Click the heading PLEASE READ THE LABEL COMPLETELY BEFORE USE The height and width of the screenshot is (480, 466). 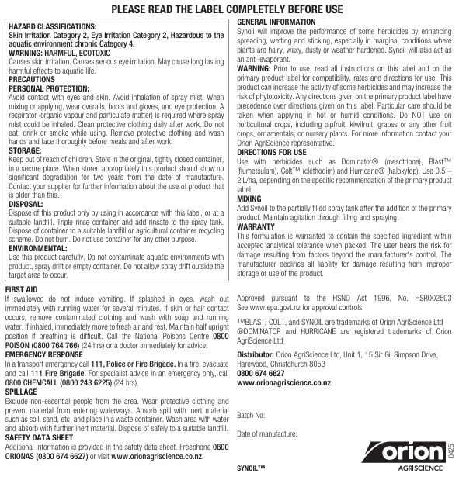(x=233, y=9)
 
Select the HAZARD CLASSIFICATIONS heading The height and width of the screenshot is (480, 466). (x=54, y=26)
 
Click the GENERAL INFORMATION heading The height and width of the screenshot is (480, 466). (x=280, y=22)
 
